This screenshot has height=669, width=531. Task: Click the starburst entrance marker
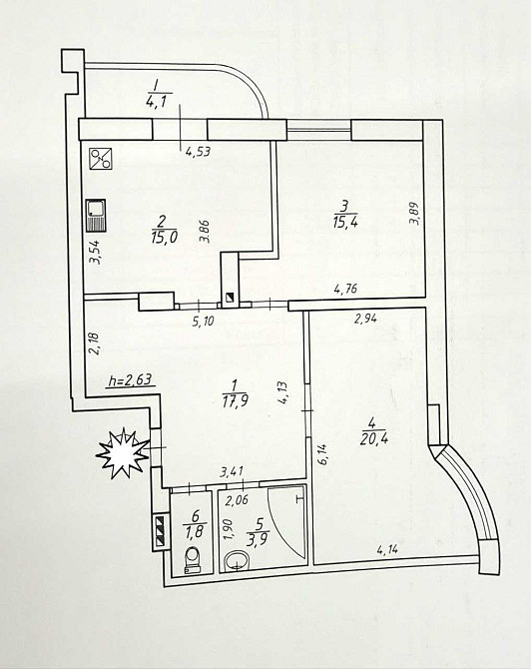click(x=123, y=453)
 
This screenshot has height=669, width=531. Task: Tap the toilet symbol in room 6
click(x=194, y=560)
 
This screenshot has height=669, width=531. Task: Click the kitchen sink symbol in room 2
click(x=96, y=216)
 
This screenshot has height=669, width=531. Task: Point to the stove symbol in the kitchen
click(x=101, y=159)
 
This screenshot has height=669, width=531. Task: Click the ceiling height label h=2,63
click(x=131, y=379)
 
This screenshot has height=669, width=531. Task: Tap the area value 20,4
click(x=373, y=439)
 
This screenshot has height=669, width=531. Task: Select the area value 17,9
click(x=235, y=401)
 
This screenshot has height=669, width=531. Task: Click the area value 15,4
click(x=345, y=223)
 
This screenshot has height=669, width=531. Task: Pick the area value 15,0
click(x=164, y=238)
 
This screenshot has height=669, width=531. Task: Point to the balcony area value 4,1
click(x=160, y=103)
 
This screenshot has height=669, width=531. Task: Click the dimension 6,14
click(x=322, y=454)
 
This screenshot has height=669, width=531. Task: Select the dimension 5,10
click(x=203, y=321)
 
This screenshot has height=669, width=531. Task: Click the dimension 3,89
click(x=415, y=214)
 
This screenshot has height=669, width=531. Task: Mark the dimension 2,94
click(x=366, y=318)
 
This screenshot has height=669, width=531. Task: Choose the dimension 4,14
click(x=387, y=549)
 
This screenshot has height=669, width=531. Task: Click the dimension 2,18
click(x=94, y=343)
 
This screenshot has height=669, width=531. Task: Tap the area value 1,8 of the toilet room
click(x=195, y=531)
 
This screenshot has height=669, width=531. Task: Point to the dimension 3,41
click(x=232, y=472)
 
